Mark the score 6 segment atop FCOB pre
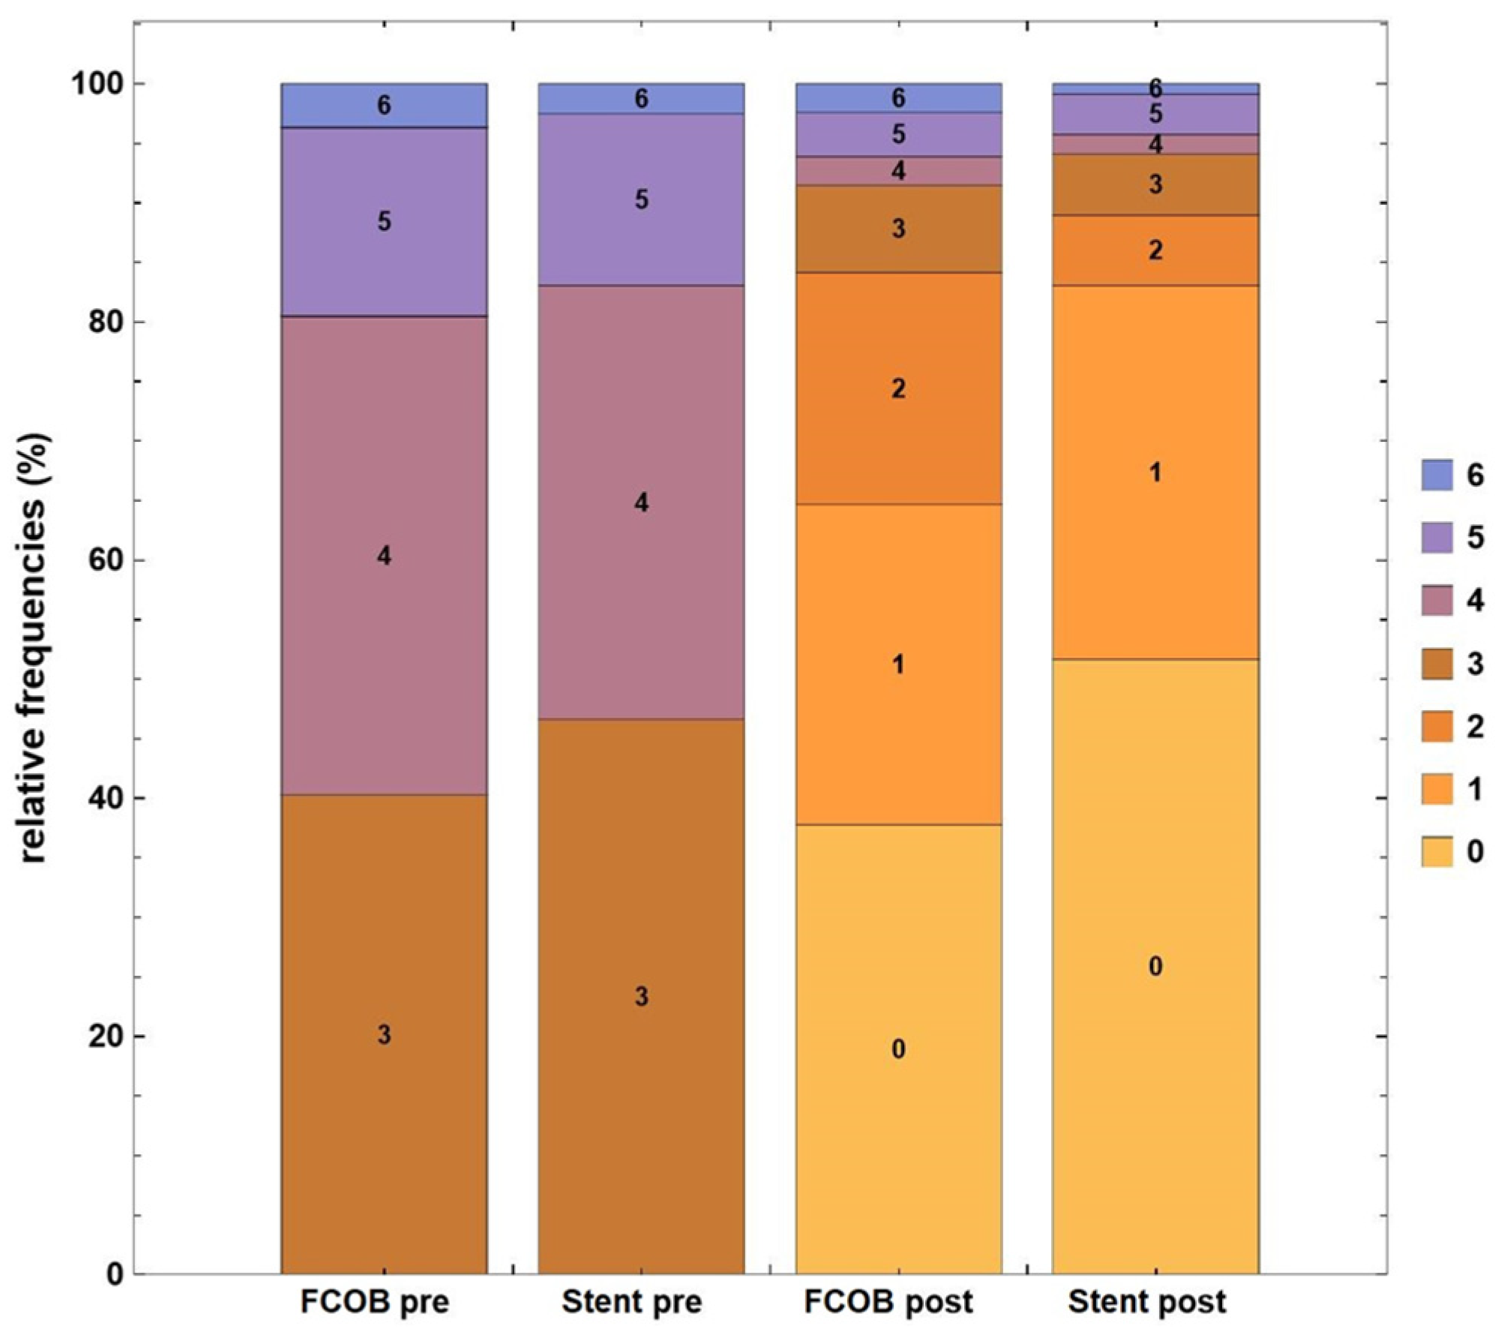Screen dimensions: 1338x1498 pyautogui.click(x=384, y=105)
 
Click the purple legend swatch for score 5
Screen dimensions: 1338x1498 pyautogui.click(x=1437, y=538)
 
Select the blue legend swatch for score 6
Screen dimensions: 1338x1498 pyautogui.click(x=1437, y=475)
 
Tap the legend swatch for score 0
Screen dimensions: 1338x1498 pyautogui.click(x=1437, y=851)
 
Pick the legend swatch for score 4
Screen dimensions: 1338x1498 pyautogui.click(x=1437, y=601)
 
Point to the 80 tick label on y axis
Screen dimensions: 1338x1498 pyautogui.click(x=104, y=322)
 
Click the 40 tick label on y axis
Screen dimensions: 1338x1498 pyautogui.click(x=104, y=798)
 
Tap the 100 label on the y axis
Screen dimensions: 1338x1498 pyautogui.click(x=97, y=84)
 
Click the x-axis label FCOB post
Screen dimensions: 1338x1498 pyautogui.click(x=888, y=1301)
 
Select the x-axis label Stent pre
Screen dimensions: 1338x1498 pyautogui.click(x=632, y=1301)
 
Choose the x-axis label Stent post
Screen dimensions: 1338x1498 pyautogui.click(x=1147, y=1301)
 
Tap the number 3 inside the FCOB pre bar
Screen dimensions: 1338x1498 pyautogui.click(x=384, y=1035)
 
